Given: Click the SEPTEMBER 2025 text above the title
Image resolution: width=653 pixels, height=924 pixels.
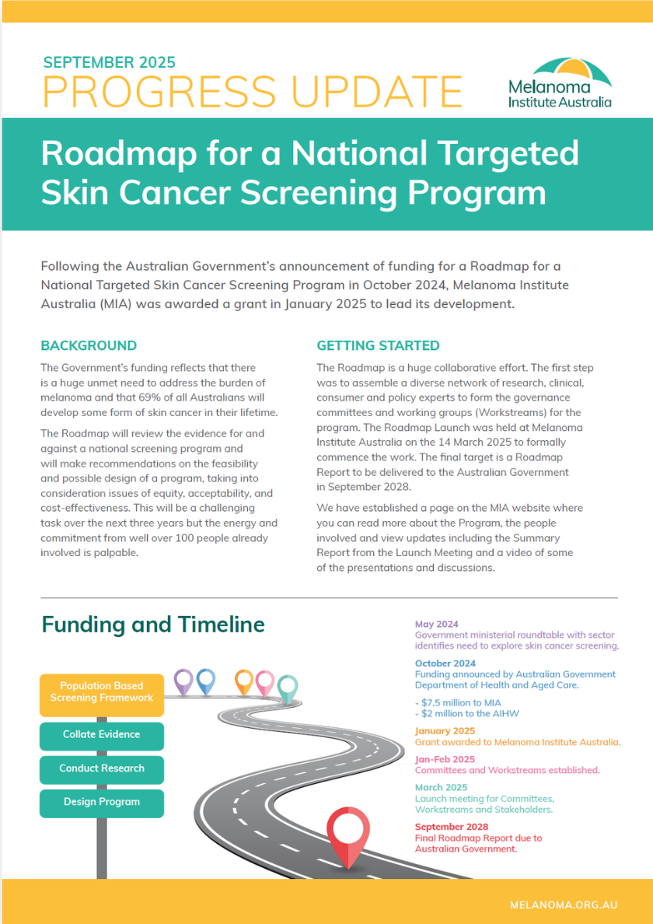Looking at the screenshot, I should pyautogui.click(x=109, y=62).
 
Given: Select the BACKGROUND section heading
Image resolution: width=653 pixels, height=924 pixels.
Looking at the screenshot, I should pyautogui.click(x=89, y=345).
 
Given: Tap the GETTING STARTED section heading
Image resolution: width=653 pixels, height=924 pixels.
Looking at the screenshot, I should pyautogui.click(x=378, y=345).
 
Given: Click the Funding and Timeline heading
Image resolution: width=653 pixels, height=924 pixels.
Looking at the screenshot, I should pyautogui.click(x=153, y=625).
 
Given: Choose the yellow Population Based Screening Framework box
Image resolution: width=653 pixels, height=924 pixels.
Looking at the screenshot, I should pyautogui.click(x=102, y=692).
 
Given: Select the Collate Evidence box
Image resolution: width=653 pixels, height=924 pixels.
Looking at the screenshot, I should pyautogui.click(x=102, y=734).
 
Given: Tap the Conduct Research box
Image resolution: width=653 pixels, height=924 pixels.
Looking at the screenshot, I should pyautogui.click(x=102, y=768).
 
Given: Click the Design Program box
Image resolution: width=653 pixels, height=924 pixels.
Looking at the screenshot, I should pyautogui.click(x=102, y=802).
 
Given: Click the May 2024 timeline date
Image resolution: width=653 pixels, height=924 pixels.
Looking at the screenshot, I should pyautogui.click(x=437, y=625).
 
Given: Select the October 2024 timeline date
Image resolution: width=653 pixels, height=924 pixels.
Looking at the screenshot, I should pyautogui.click(x=444, y=663).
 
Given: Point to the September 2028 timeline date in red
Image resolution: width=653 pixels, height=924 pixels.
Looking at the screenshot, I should pyautogui.click(x=452, y=827).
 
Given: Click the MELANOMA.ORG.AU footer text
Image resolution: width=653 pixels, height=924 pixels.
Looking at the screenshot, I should pyautogui.click(x=564, y=905).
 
